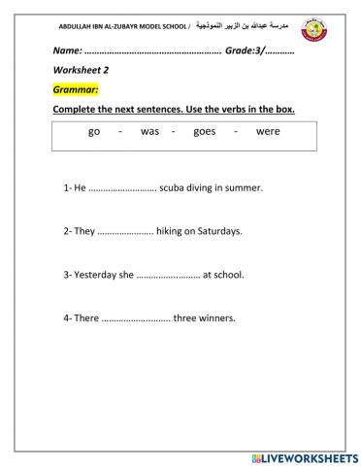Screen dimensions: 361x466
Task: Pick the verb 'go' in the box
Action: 94,133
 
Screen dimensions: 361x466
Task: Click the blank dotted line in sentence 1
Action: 122,187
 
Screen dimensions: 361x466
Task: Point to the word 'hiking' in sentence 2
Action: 171,231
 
